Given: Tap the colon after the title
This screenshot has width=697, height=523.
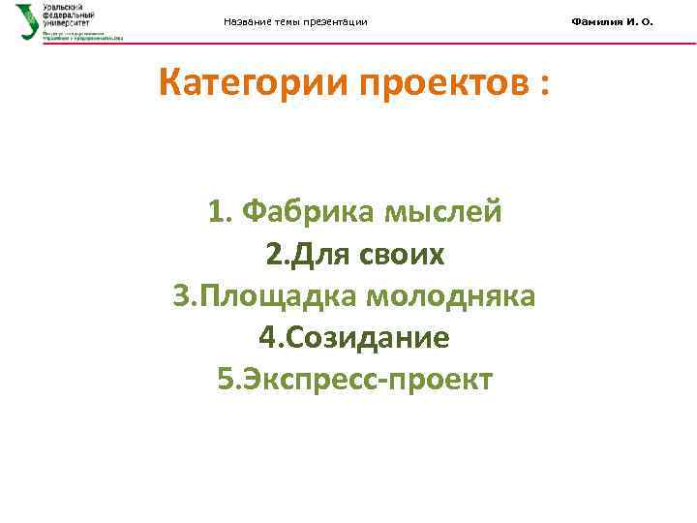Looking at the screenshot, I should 545,87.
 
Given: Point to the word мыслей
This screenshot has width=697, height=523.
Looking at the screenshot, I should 444,211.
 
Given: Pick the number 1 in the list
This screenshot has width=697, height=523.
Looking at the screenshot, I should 215,211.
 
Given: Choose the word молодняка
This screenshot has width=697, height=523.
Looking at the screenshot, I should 450,295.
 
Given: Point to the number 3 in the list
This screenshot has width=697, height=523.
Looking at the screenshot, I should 180,295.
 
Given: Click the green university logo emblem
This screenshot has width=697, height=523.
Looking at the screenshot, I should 28,21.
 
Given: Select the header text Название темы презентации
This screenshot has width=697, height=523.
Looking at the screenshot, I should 295,22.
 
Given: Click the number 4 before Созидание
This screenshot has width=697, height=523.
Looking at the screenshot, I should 266,337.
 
